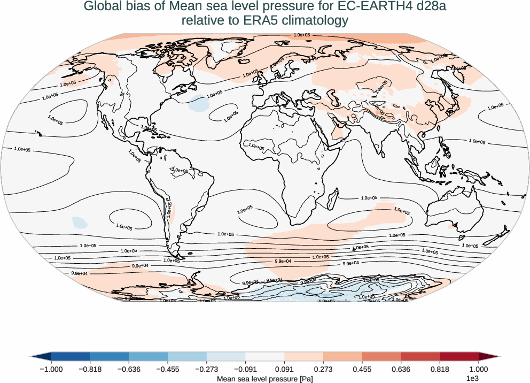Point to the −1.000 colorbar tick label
[x=52, y=369]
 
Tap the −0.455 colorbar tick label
[x=168, y=369]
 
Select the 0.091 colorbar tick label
[x=285, y=369]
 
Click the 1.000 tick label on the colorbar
[x=479, y=369]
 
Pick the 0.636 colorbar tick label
[x=401, y=369]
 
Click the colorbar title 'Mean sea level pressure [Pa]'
[x=264, y=378]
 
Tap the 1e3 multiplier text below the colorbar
[x=472, y=378]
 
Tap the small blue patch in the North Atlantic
[x=199, y=102]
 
